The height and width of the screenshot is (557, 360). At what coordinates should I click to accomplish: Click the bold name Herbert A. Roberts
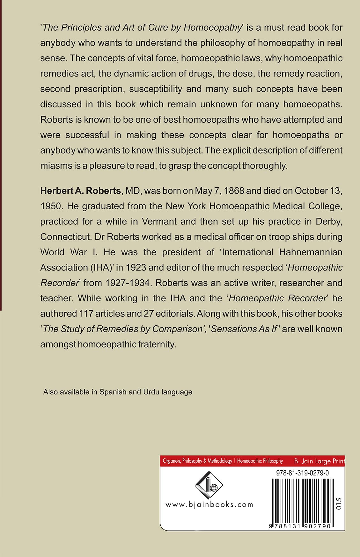coord(80,191)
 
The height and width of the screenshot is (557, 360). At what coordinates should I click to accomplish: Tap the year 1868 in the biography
coord(234,191)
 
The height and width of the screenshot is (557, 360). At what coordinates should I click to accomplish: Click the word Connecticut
coord(66,237)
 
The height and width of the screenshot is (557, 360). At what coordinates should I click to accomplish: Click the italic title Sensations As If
coord(244,329)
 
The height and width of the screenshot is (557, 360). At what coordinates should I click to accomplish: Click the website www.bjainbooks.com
coord(209,504)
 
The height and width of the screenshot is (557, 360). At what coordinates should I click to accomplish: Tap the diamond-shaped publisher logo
coord(209,485)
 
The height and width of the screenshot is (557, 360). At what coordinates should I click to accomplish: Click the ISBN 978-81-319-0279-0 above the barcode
coord(302,473)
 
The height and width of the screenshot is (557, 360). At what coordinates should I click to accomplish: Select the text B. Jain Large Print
coord(319,461)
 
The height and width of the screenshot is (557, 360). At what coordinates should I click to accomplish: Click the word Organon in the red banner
coord(171,461)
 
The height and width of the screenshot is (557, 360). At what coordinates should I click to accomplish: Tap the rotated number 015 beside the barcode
coord(339,503)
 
